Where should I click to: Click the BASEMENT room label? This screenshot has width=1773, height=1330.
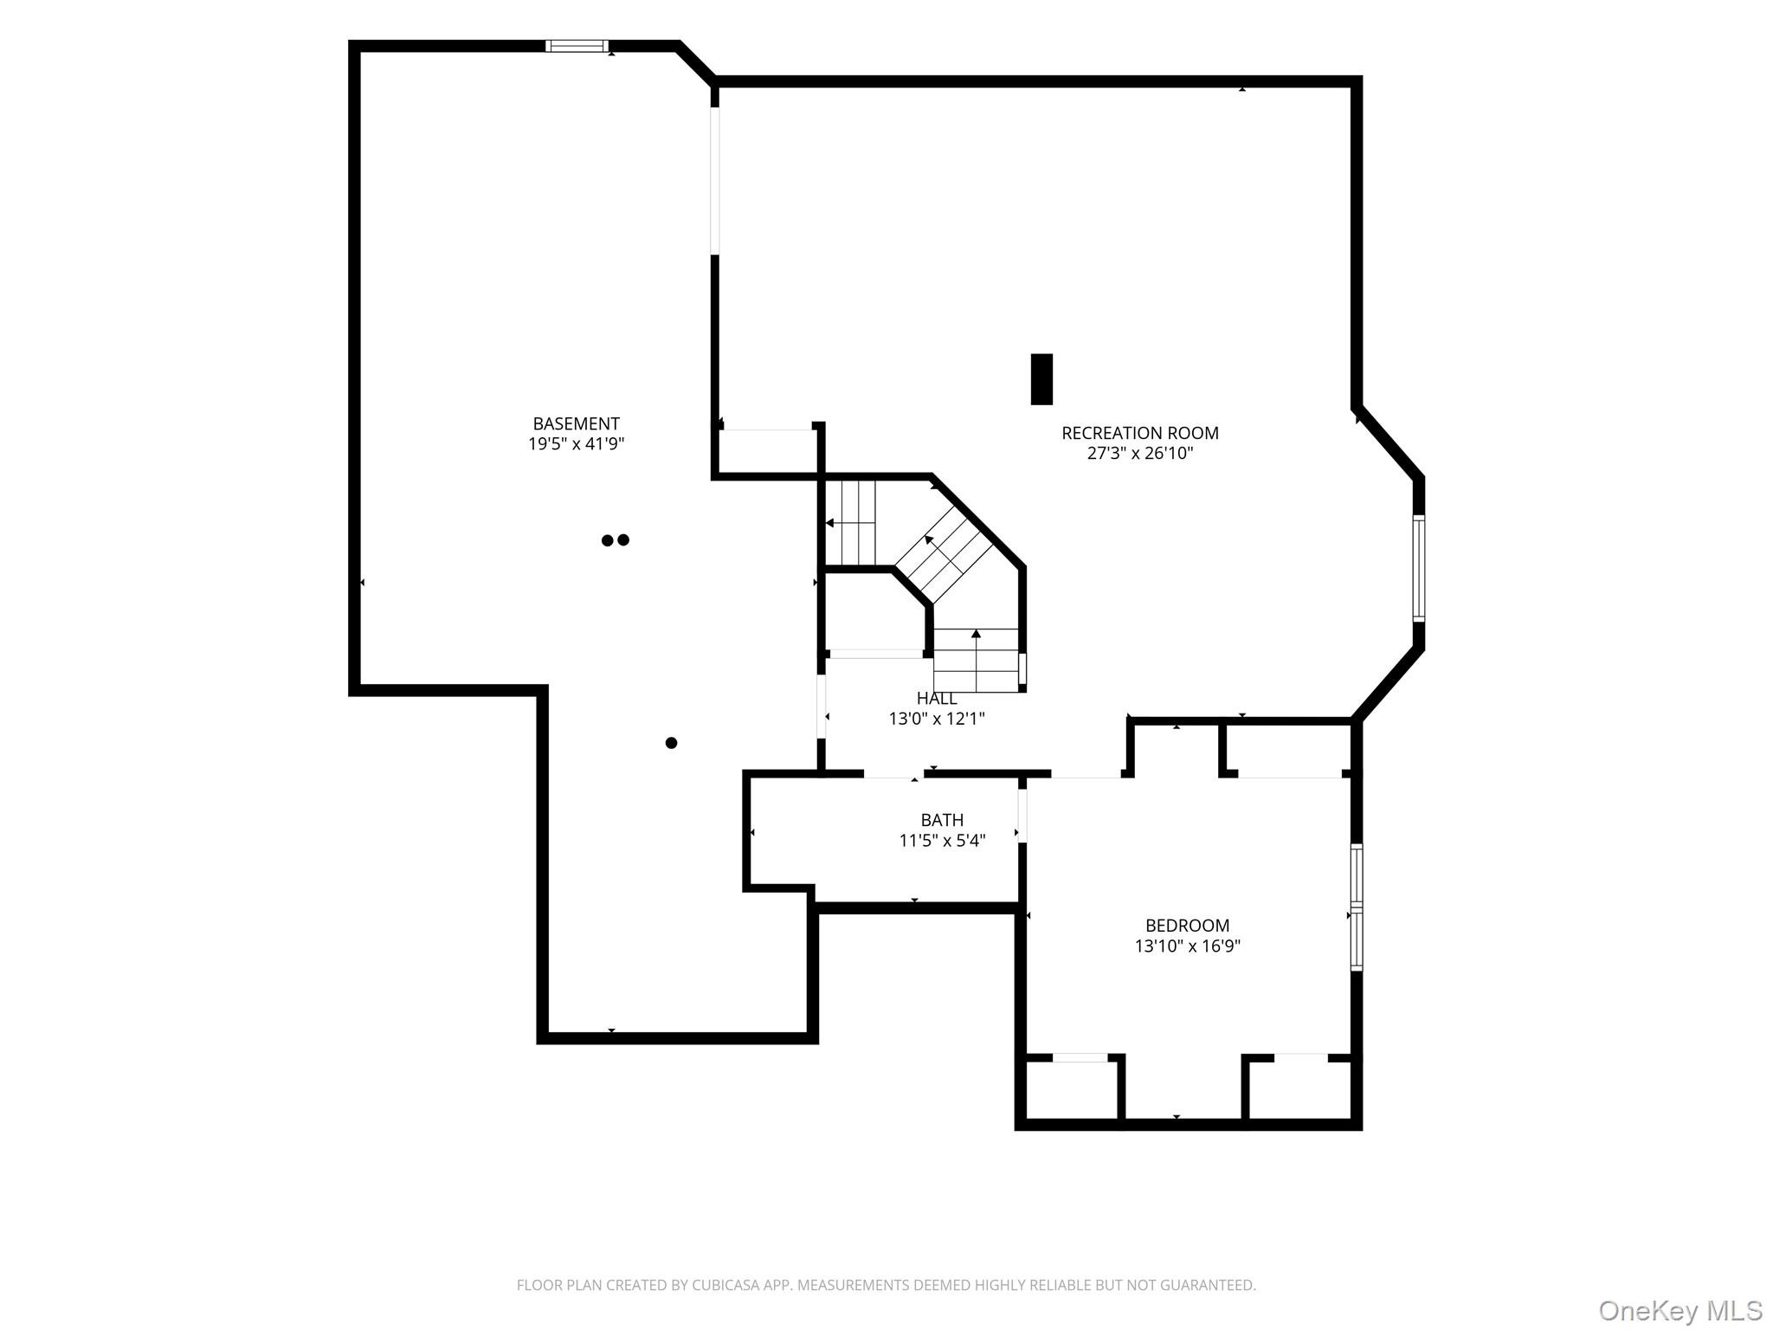click(576, 423)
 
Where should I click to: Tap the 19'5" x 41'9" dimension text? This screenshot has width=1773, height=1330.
click(577, 444)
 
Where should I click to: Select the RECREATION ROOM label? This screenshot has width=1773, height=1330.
click(1140, 433)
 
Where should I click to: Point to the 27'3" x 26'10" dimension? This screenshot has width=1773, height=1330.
click(1140, 454)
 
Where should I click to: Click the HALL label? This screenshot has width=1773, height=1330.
click(937, 698)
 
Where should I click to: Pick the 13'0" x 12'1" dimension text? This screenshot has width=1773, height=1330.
click(937, 719)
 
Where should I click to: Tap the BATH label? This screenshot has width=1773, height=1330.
click(942, 820)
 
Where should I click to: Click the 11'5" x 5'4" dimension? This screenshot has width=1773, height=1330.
click(942, 841)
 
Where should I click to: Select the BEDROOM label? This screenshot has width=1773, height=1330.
click(1187, 926)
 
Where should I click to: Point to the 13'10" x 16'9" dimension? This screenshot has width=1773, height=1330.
click(1187, 946)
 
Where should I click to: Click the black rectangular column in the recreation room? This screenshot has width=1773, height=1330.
click(1041, 378)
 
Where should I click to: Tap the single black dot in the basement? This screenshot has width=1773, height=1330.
click(671, 743)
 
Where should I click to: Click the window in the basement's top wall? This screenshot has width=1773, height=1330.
click(577, 46)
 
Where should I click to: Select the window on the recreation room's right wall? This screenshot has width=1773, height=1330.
click(1418, 568)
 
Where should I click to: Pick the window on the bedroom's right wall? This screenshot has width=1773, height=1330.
click(1357, 907)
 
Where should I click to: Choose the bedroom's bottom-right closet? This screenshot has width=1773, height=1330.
click(1300, 1089)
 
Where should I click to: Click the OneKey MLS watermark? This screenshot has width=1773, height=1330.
click(1680, 1310)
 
